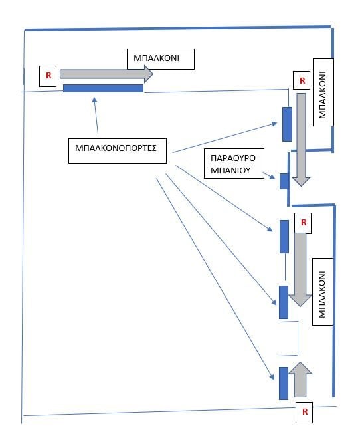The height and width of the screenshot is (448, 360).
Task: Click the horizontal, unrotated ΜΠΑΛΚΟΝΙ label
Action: (x=156, y=58)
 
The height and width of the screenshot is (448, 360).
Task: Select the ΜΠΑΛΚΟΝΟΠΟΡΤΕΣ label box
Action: (x=118, y=151)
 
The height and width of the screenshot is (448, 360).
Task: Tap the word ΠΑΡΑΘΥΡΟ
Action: (x=233, y=158)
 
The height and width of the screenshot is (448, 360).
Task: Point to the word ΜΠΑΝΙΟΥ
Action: (x=230, y=171)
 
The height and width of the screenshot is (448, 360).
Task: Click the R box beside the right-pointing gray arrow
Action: (x=48, y=76)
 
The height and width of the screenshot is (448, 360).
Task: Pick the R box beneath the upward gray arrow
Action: (x=304, y=412)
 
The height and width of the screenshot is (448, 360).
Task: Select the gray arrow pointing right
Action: (x=106, y=74)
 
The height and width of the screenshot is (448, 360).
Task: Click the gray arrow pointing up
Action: (x=300, y=380)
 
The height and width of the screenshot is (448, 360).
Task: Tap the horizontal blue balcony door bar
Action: (x=103, y=88)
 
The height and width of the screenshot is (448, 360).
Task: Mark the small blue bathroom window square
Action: (x=284, y=181)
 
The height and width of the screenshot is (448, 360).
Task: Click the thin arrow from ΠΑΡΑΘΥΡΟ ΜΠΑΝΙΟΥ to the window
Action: (x=268, y=175)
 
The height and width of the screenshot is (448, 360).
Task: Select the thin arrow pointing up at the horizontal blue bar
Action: (x=96, y=116)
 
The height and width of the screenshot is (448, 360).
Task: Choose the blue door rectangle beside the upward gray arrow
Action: (x=284, y=384)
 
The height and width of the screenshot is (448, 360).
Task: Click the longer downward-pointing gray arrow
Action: (x=301, y=140)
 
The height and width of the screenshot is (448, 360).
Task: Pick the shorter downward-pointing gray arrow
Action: (x=300, y=270)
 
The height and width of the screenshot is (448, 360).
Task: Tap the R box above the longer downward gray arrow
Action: (x=302, y=81)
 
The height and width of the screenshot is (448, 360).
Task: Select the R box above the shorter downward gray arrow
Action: (x=303, y=223)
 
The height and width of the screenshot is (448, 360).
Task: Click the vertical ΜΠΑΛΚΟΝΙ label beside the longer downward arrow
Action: (x=323, y=92)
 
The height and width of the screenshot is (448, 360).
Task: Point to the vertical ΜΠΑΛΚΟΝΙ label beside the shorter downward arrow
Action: (x=323, y=292)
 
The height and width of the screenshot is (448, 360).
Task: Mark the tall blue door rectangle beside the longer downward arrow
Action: (x=287, y=124)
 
